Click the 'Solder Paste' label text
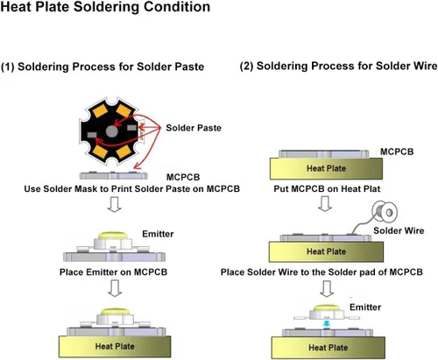tap(194, 128)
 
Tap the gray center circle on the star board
tap(112, 131)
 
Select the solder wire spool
tap(385, 212)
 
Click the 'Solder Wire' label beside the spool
tap(399, 230)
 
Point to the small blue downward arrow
tap(327, 324)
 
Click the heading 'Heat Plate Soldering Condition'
tap(105, 7)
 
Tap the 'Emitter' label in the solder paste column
tap(158, 234)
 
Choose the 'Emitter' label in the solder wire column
tap(365, 307)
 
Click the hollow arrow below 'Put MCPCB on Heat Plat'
tap(325, 203)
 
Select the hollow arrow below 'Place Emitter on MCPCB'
tap(115, 288)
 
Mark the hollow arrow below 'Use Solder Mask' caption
tap(115, 204)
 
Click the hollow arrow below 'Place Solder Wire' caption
tap(327, 289)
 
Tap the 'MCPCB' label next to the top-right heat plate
tap(397, 152)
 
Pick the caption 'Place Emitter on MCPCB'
tap(113, 272)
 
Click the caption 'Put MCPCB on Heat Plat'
tap(327, 189)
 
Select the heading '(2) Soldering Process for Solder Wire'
tap(339, 67)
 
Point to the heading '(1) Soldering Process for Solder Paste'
tap(102, 67)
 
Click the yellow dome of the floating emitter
tap(327, 308)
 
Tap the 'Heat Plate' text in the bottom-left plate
tap(115, 346)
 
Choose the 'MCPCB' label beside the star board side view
tap(183, 177)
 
